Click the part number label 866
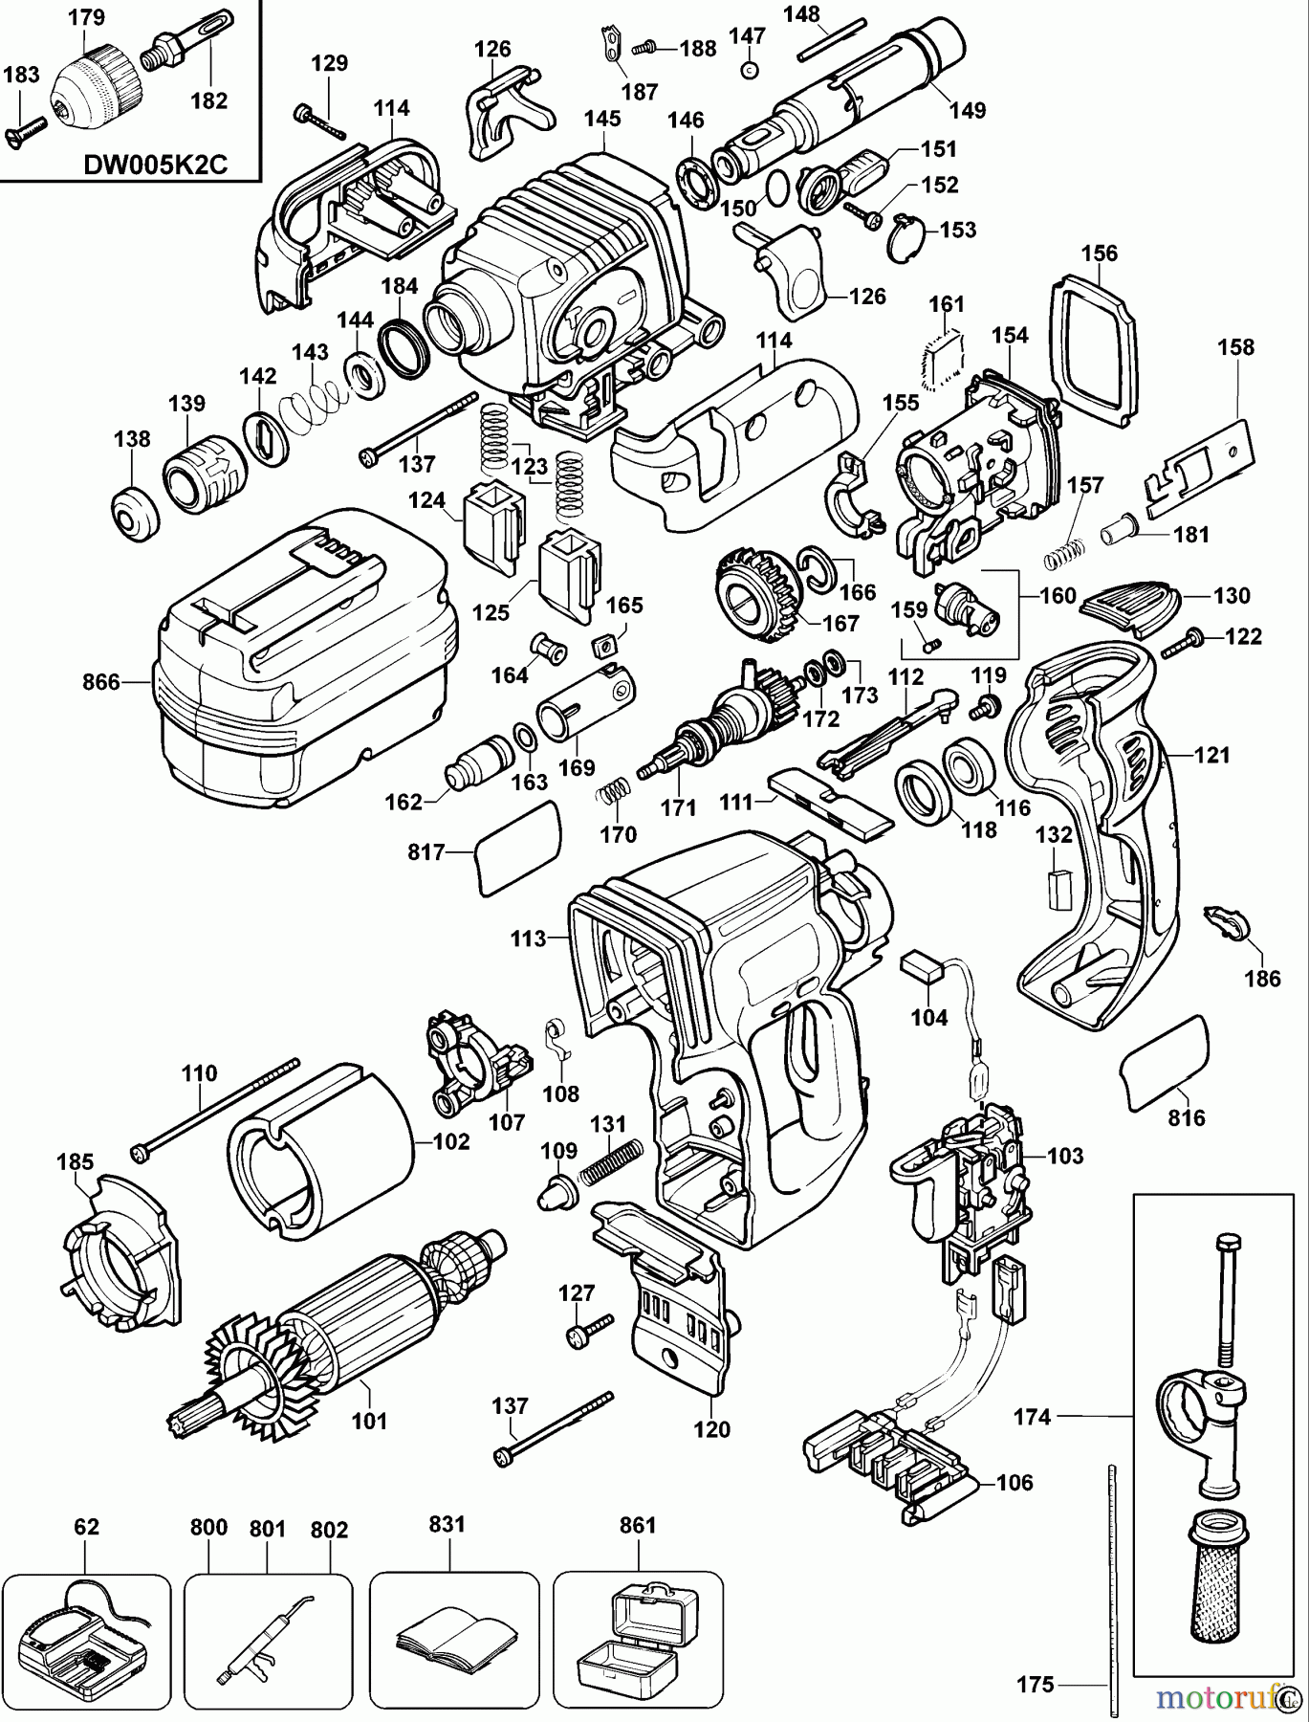[100, 682]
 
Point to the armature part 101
[354, 1325]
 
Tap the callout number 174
[1032, 1417]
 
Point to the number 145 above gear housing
[602, 119]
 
